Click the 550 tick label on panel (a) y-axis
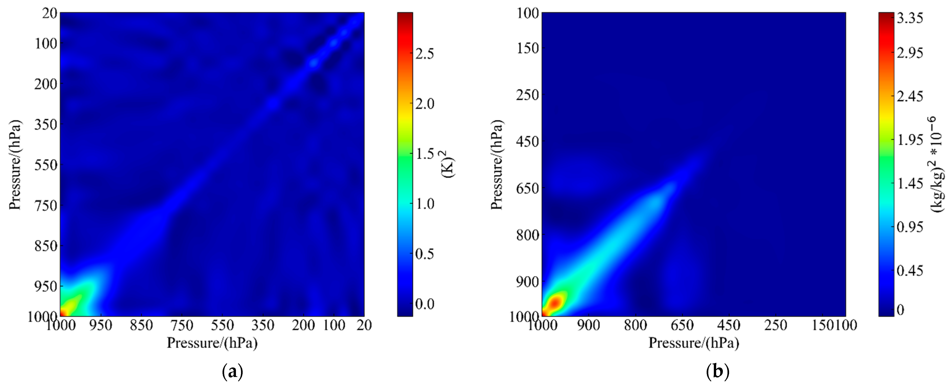(x=46, y=165)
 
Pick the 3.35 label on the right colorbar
(x=910, y=18)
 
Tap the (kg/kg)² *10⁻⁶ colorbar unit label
(x=937, y=164)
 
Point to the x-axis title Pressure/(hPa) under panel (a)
(x=212, y=343)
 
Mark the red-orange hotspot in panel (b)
(x=554, y=303)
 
